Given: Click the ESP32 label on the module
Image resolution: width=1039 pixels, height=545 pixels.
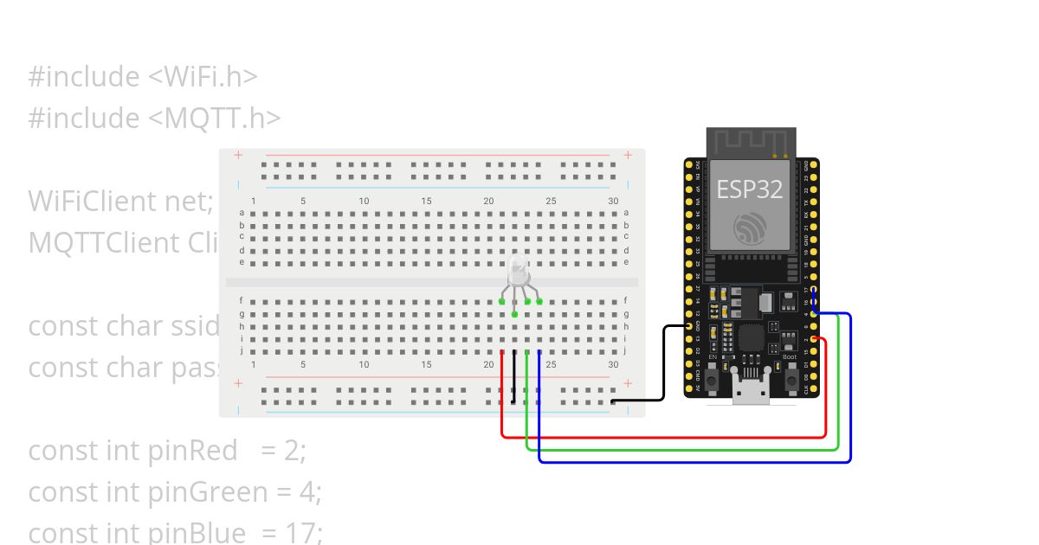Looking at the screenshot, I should coord(750,189).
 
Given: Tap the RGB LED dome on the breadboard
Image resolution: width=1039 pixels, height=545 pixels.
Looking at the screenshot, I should coord(518,270).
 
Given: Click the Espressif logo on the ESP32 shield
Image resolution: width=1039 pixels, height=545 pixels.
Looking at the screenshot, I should coord(750,228).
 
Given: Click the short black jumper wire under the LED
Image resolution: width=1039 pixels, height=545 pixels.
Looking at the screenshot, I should coord(514,377).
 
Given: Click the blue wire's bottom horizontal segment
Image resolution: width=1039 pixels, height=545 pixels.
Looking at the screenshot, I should coord(693,461).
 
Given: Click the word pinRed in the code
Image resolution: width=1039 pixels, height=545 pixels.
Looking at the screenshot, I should coord(193,450).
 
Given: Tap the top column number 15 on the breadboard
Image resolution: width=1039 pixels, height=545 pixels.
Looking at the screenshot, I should coord(426,202).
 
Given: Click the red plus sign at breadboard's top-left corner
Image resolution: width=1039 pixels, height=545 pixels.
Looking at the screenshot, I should coord(237,157).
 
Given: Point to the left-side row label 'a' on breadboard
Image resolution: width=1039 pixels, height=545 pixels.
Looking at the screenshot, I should coord(242,213).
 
